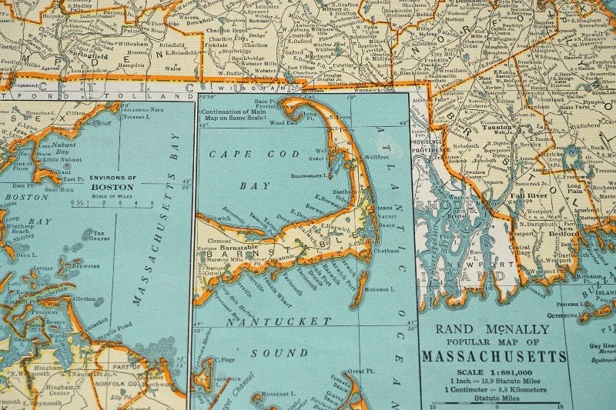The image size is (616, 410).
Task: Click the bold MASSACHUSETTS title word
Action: click(x=494, y=356)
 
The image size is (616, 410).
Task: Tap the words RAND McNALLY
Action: click(x=494, y=329)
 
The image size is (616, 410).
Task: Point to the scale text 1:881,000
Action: click(x=508, y=371)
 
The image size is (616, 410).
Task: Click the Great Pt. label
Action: click(x=359, y=371)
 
